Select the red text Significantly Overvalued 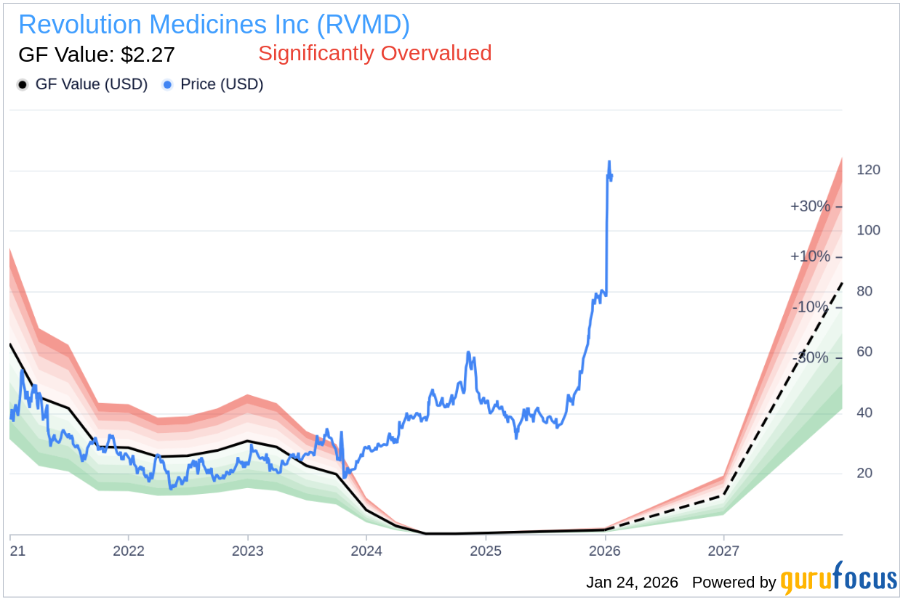[x=374, y=53]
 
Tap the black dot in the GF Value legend [x=23, y=85]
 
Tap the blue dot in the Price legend [x=168, y=85]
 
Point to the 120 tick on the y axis [x=868, y=170]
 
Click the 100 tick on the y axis [x=868, y=230]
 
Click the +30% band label [x=810, y=206]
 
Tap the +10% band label [x=810, y=256]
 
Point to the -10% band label [x=810, y=307]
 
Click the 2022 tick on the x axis [x=129, y=551]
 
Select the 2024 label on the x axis [x=366, y=551]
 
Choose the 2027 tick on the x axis [x=723, y=551]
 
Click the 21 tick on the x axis [x=17, y=551]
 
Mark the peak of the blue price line [x=609, y=161]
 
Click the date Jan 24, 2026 [x=632, y=583]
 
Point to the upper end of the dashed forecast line [x=841, y=283]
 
